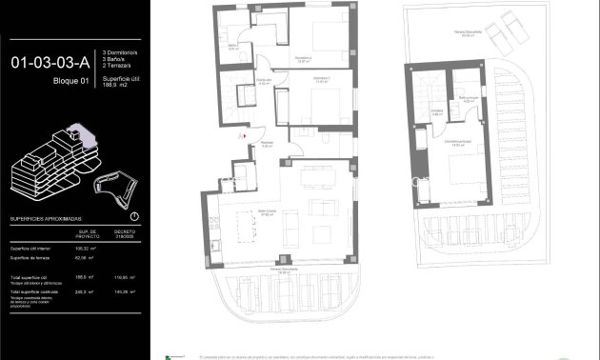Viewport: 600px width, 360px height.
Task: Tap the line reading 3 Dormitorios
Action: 123,51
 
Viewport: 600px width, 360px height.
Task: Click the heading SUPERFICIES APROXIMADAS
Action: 51,218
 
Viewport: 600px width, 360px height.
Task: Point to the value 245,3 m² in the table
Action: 88,291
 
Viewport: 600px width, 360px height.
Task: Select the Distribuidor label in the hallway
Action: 264,82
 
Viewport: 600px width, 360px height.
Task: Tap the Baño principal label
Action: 467,98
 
